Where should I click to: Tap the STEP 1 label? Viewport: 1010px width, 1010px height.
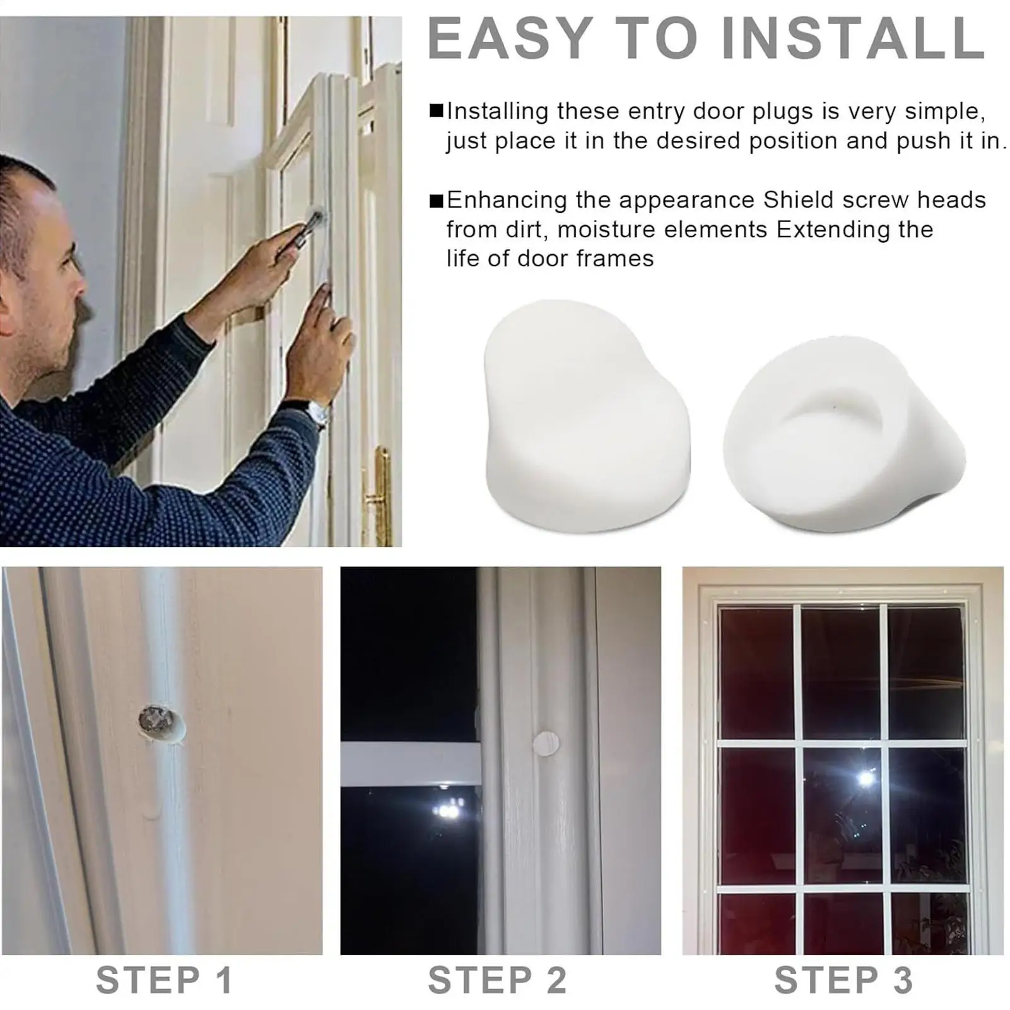pyautogui.click(x=165, y=980)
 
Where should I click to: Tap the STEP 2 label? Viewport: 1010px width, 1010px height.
pyautogui.click(x=497, y=980)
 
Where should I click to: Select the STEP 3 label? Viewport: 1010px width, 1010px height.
pyautogui.click(x=843, y=980)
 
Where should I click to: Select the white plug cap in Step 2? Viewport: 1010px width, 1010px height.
pyautogui.click(x=546, y=744)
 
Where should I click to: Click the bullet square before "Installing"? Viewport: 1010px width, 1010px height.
pyautogui.click(x=436, y=112)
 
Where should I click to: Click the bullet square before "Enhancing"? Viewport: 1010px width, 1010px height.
pyautogui.click(x=436, y=201)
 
